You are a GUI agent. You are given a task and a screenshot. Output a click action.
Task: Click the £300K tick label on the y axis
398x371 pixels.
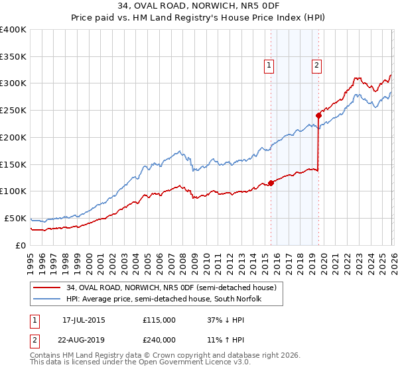coord(13,83)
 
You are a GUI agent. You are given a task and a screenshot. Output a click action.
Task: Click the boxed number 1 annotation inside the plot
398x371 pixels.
coord(269,65)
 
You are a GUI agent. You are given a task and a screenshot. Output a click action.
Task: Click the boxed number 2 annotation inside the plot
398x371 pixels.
coord(317,65)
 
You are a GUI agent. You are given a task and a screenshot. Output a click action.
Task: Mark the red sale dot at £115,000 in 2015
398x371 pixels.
coord(271,183)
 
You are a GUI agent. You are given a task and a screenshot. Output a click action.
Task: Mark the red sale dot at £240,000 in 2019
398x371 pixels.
coord(318,115)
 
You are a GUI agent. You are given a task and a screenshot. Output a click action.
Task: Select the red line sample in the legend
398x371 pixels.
coord(48,287)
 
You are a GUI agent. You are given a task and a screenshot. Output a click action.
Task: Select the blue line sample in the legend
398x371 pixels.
coord(48,299)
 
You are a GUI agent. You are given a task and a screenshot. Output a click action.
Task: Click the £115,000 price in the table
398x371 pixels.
coord(159,320)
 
